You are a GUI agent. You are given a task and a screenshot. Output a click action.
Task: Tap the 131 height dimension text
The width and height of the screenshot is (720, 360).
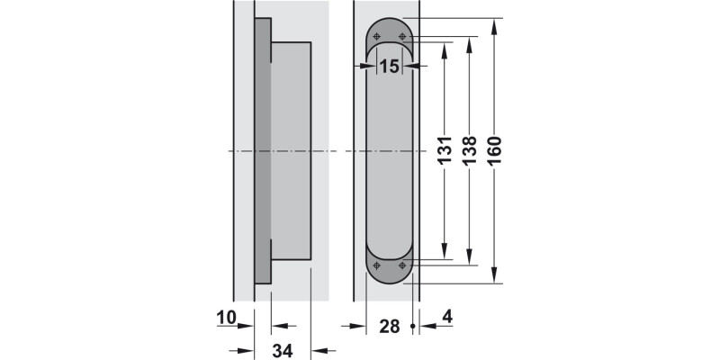click(x=444, y=151)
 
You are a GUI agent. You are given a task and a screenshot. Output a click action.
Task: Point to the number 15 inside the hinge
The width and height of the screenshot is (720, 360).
click(x=389, y=66)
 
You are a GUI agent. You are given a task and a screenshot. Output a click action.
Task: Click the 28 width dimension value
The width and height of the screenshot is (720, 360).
click(x=389, y=327)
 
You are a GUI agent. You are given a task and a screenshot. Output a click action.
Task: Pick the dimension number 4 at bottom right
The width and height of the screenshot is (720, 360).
click(x=448, y=316)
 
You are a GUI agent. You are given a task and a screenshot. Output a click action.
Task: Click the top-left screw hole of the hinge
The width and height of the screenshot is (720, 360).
click(x=376, y=36)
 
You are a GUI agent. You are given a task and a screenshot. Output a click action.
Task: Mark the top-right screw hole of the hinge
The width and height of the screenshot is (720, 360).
click(x=401, y=36)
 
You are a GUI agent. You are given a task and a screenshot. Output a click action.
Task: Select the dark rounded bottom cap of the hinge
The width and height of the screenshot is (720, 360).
click(x=389, y=271)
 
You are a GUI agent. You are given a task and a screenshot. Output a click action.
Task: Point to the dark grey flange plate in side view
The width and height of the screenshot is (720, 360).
click(x=262, y=150)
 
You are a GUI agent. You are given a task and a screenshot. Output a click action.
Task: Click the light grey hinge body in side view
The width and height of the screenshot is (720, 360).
click(x=291, y=150)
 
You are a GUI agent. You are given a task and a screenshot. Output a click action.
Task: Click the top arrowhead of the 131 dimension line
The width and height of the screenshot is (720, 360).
click(x=444, y=48)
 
